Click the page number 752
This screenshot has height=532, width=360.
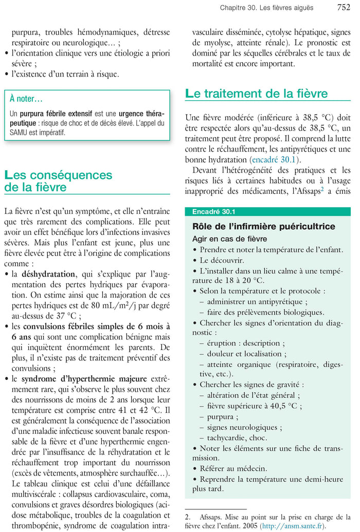coord(344,7)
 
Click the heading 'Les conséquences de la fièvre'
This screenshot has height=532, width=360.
coord(58,181)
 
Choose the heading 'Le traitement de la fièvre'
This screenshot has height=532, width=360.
coord(256,94)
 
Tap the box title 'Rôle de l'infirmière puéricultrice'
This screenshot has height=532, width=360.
coord(263,227)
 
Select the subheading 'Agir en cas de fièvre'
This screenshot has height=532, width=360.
coord(229,239)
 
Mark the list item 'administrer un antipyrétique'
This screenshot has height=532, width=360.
coord(257,302)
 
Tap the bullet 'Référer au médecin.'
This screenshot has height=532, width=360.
coord(233,468)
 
